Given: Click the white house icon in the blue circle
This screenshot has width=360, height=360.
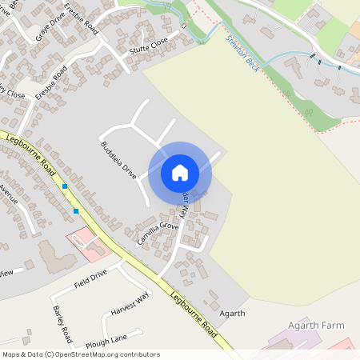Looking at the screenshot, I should point(180,172).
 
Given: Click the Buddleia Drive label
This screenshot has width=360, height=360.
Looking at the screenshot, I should point(118,159).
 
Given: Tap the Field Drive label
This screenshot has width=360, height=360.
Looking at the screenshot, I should point(90,279).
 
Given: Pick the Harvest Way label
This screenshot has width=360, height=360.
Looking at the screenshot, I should point(130,306).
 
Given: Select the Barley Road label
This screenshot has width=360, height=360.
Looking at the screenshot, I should point(62,322).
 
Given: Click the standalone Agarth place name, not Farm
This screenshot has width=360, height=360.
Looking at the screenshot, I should point(232,313).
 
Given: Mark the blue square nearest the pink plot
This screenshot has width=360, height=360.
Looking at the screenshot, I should point(76,211).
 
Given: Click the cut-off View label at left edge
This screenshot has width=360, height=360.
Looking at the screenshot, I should point(6,273).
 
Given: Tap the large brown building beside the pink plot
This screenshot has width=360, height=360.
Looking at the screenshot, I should point(54,255).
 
